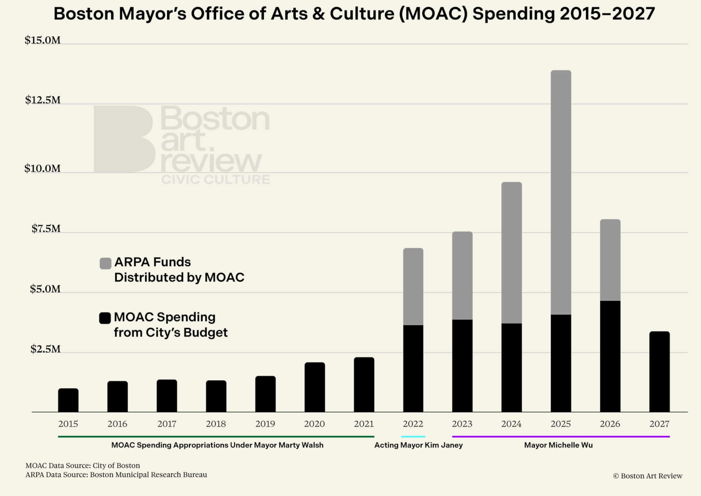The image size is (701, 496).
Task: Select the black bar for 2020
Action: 315,387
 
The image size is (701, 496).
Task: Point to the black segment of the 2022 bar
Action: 413,368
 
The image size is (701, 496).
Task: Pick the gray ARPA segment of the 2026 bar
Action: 610,260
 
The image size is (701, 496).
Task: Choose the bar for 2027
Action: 659,372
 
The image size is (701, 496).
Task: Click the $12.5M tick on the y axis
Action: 43,100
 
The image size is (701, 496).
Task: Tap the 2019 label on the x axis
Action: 265,424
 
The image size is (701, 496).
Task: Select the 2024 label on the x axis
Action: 511,424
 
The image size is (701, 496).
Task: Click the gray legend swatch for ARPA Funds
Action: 105,263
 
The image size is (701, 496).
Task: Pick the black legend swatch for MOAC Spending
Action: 105,318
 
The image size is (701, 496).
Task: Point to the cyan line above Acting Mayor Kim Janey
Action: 413,436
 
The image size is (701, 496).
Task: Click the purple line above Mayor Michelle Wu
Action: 561,436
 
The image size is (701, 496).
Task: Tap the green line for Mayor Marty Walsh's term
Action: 216,436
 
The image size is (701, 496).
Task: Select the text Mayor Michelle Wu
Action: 558,445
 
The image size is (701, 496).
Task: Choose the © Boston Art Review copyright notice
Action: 648,476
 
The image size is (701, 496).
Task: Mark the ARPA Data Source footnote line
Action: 116,475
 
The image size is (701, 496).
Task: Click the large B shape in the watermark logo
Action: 123,139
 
